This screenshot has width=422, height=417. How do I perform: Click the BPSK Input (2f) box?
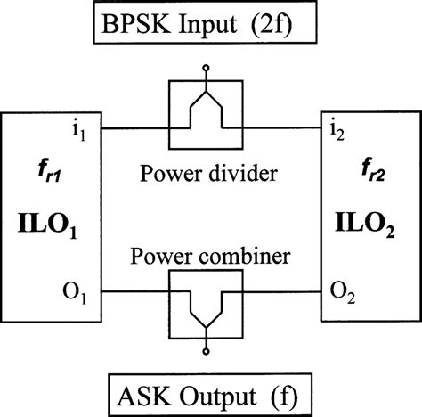click(x=211, y=29)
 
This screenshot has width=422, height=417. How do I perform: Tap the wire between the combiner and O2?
click(x=285, y=290)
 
